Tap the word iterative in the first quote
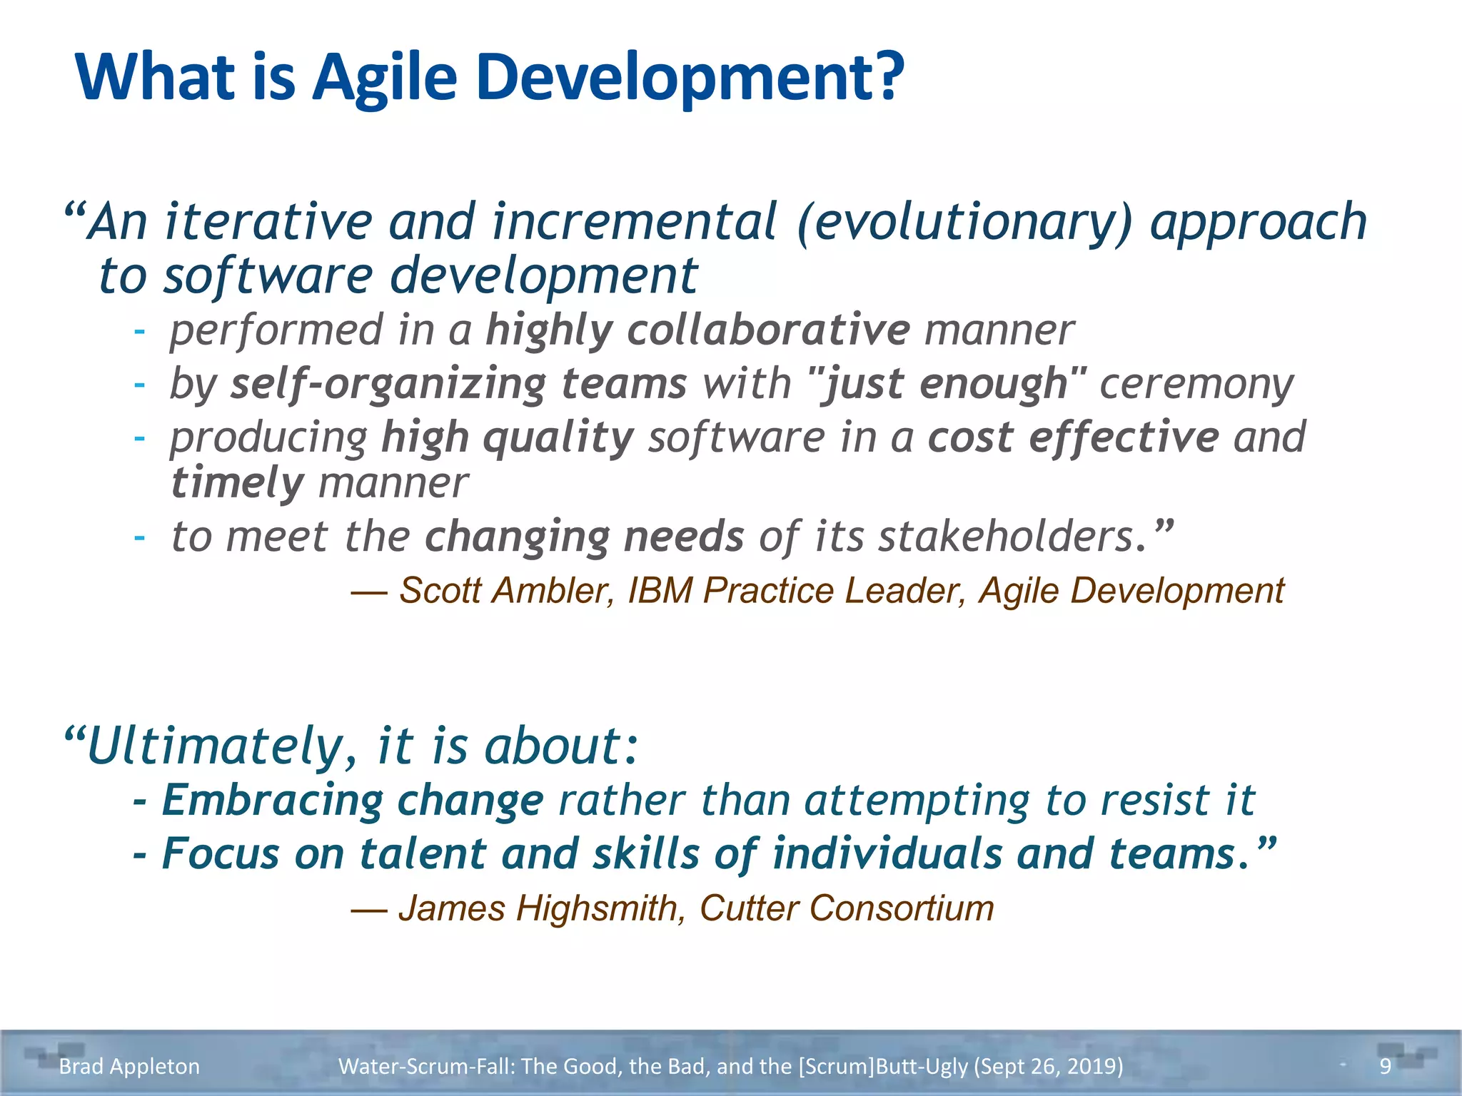click(268, 221)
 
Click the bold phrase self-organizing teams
click(458, 384)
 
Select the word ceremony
click(1196, 384)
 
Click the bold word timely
click(238, 483)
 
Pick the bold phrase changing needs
click(584, 537)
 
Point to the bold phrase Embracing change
click(353, 800)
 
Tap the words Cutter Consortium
click(847, 908)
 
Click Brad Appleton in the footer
click(129, 1066)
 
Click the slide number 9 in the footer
click(1385, 1066)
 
